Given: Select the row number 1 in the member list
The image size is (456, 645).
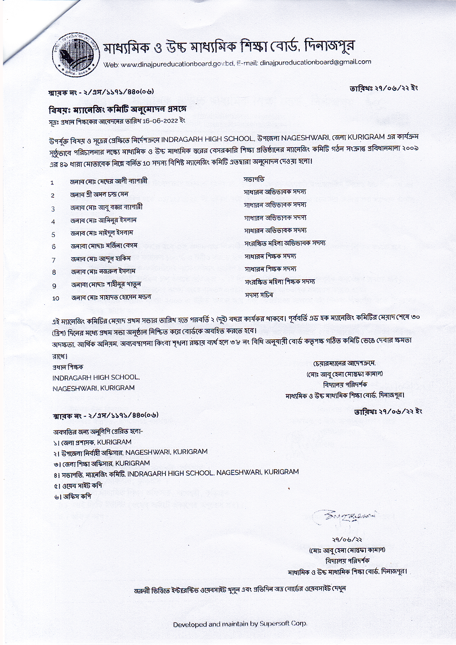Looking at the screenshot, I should tap(53, 182).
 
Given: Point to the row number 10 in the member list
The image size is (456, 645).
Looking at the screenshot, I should tap(56, 298).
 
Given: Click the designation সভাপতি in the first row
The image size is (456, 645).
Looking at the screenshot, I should tap(254, 180).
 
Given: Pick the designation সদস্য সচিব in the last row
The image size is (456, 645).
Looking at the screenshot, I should tap(259, 295).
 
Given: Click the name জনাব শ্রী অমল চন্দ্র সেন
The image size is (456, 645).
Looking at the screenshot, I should tap(99, 194).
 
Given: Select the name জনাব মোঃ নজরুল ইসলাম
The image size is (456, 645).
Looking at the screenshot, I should tap(103, 272).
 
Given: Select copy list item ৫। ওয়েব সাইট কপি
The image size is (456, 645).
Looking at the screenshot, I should tap(77, 485).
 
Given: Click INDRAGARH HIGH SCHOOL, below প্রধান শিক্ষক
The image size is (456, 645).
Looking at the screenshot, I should tap(96, 378).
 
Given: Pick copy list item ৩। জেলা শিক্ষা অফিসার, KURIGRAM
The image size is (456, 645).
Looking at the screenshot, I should tap(101, 463).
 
